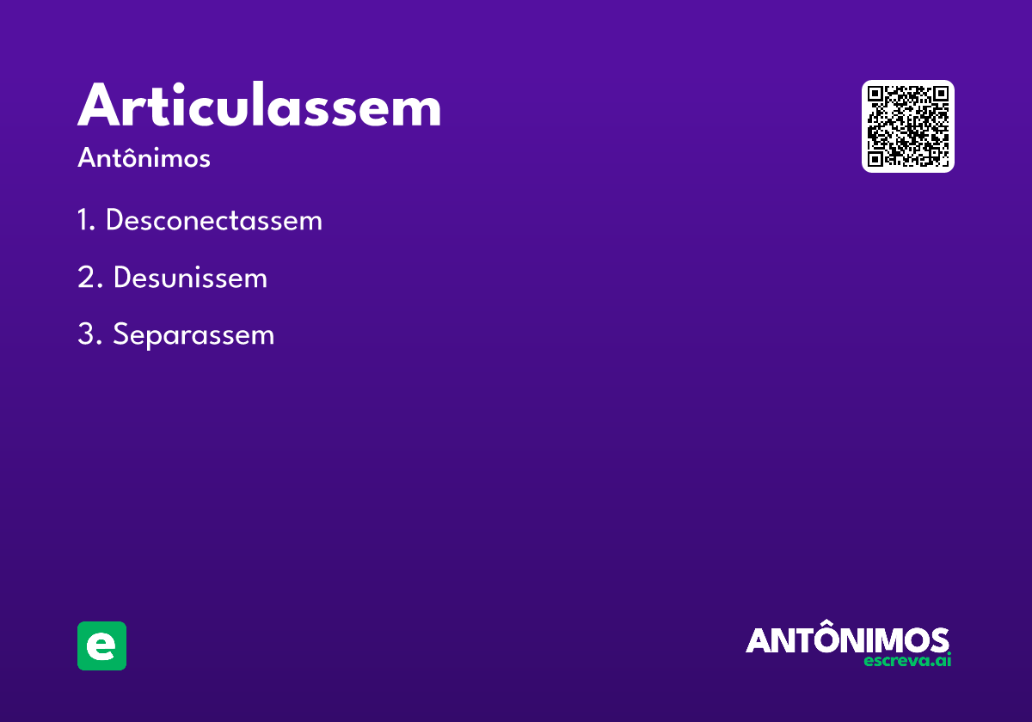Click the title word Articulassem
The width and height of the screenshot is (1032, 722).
pyautogui.click(x=260, y=104)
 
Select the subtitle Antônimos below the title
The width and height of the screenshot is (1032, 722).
pyautogui.click(x=144, y=157)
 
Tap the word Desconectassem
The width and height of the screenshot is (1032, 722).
pyautogui.click(x=214, y=220)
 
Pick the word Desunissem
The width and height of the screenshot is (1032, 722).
pyautogui.click(x=190, y=277)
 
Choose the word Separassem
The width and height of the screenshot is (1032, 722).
pyautogui.click(x=193, y=334)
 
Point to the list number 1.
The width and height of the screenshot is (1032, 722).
pyautogui.click(x=86, y=220)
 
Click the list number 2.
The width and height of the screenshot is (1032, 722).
pyautogui.click(x=89, y=277)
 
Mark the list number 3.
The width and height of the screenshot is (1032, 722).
pyautogui.click(x=89, y=334)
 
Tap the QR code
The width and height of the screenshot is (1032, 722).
pyautogui.click(x=907, y=126)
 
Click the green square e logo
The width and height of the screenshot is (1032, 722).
pyautogui.click(x=101, y=646)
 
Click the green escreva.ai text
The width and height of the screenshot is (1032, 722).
pyautogui.click(x=907, y=660)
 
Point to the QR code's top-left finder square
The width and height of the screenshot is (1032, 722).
pyautogui.click(x=875, y=94)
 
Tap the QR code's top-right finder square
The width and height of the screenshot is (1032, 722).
pyautogui.click(x=941, y=94)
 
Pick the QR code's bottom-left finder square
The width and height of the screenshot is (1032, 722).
pyautogui.click(x=875, y=159)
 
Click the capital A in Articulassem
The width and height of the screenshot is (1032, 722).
pyautogui.click(x=101, y=105)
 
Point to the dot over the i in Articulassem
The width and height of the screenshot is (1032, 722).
pyautogui.click(x=179, y=88)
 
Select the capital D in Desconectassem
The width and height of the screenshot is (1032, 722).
pyautogui.click(x=115, y=220)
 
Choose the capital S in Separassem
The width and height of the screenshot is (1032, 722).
pyautogui.click(x=120, y=333)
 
